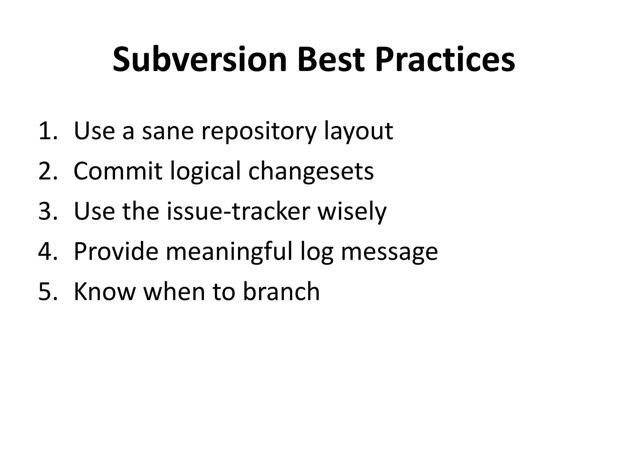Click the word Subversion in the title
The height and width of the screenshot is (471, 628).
tap(200, 59)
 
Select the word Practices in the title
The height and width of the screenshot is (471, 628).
tap(445, 59)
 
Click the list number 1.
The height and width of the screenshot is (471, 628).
tap(48, 131)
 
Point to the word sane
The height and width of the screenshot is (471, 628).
tap(168, 132)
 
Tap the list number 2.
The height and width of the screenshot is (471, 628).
tap(48, 171)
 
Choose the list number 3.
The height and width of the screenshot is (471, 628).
tap(48, 211)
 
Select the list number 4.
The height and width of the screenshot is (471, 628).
tap(48, 251)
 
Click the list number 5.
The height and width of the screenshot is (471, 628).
tap(48, 292)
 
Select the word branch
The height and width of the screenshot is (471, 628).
tap(281, 292)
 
